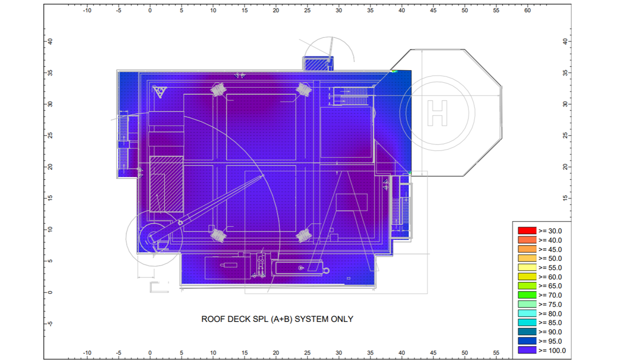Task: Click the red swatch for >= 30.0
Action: pyautogui.click(x=526, y=231)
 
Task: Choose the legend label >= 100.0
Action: pyautogui.click(x=552, y=350)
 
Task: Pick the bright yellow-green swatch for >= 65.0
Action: pyautogui.click(x=526, y=286)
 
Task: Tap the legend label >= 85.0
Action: pyautogui.click(x=550, y=323)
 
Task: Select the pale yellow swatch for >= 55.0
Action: pyautogui.click(x=526, y=267)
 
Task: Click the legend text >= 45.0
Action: pyautogui.click(x=550, y=249)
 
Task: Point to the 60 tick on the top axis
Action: pyautogui.click(x=527, y=9)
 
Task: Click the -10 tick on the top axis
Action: pyautogui.click(x=86, y=9)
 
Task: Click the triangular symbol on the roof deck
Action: pyautogui.click(x=159, y=91)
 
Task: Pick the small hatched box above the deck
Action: pyautogui.click(x=316, y=64)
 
